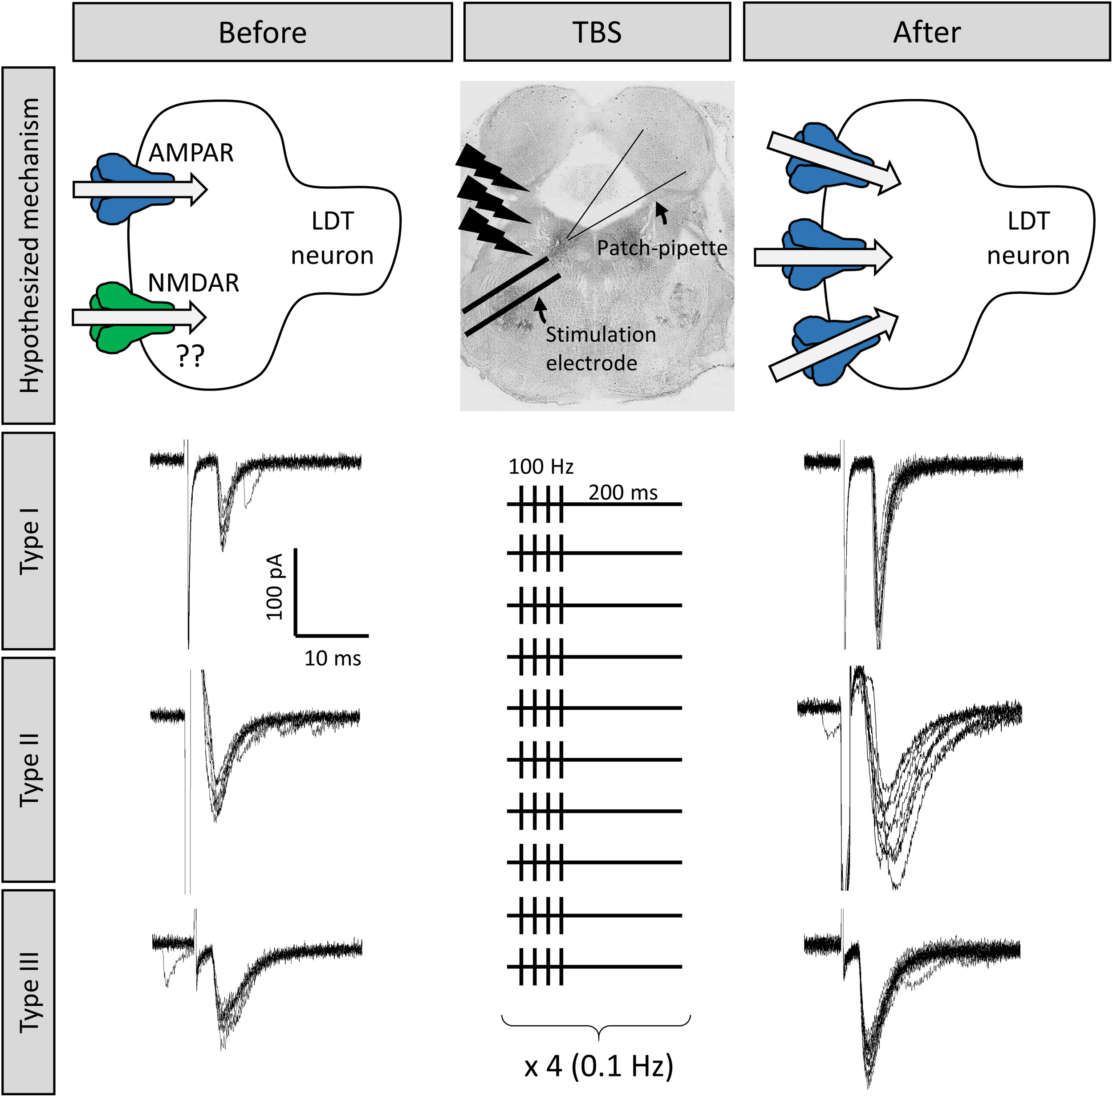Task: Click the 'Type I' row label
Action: pyautogui.click(x=29, y=540)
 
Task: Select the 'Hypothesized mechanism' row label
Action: pyautogui.click(x=29, y=245)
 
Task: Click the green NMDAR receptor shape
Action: pyautogui.click(x=112, y=317)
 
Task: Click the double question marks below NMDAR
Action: pyautogui.click(x=190, y=357)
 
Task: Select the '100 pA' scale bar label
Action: pyautogui.click(x=275, y=586)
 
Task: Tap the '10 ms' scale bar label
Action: pyautogui.click(x=333, y=658)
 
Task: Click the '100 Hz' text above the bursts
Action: pyautogui.click(x=540, y=466)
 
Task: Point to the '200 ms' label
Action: pyautogui.click(x=623, y=492)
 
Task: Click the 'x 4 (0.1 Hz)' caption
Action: pyautogui.click(x=598, y=1066)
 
